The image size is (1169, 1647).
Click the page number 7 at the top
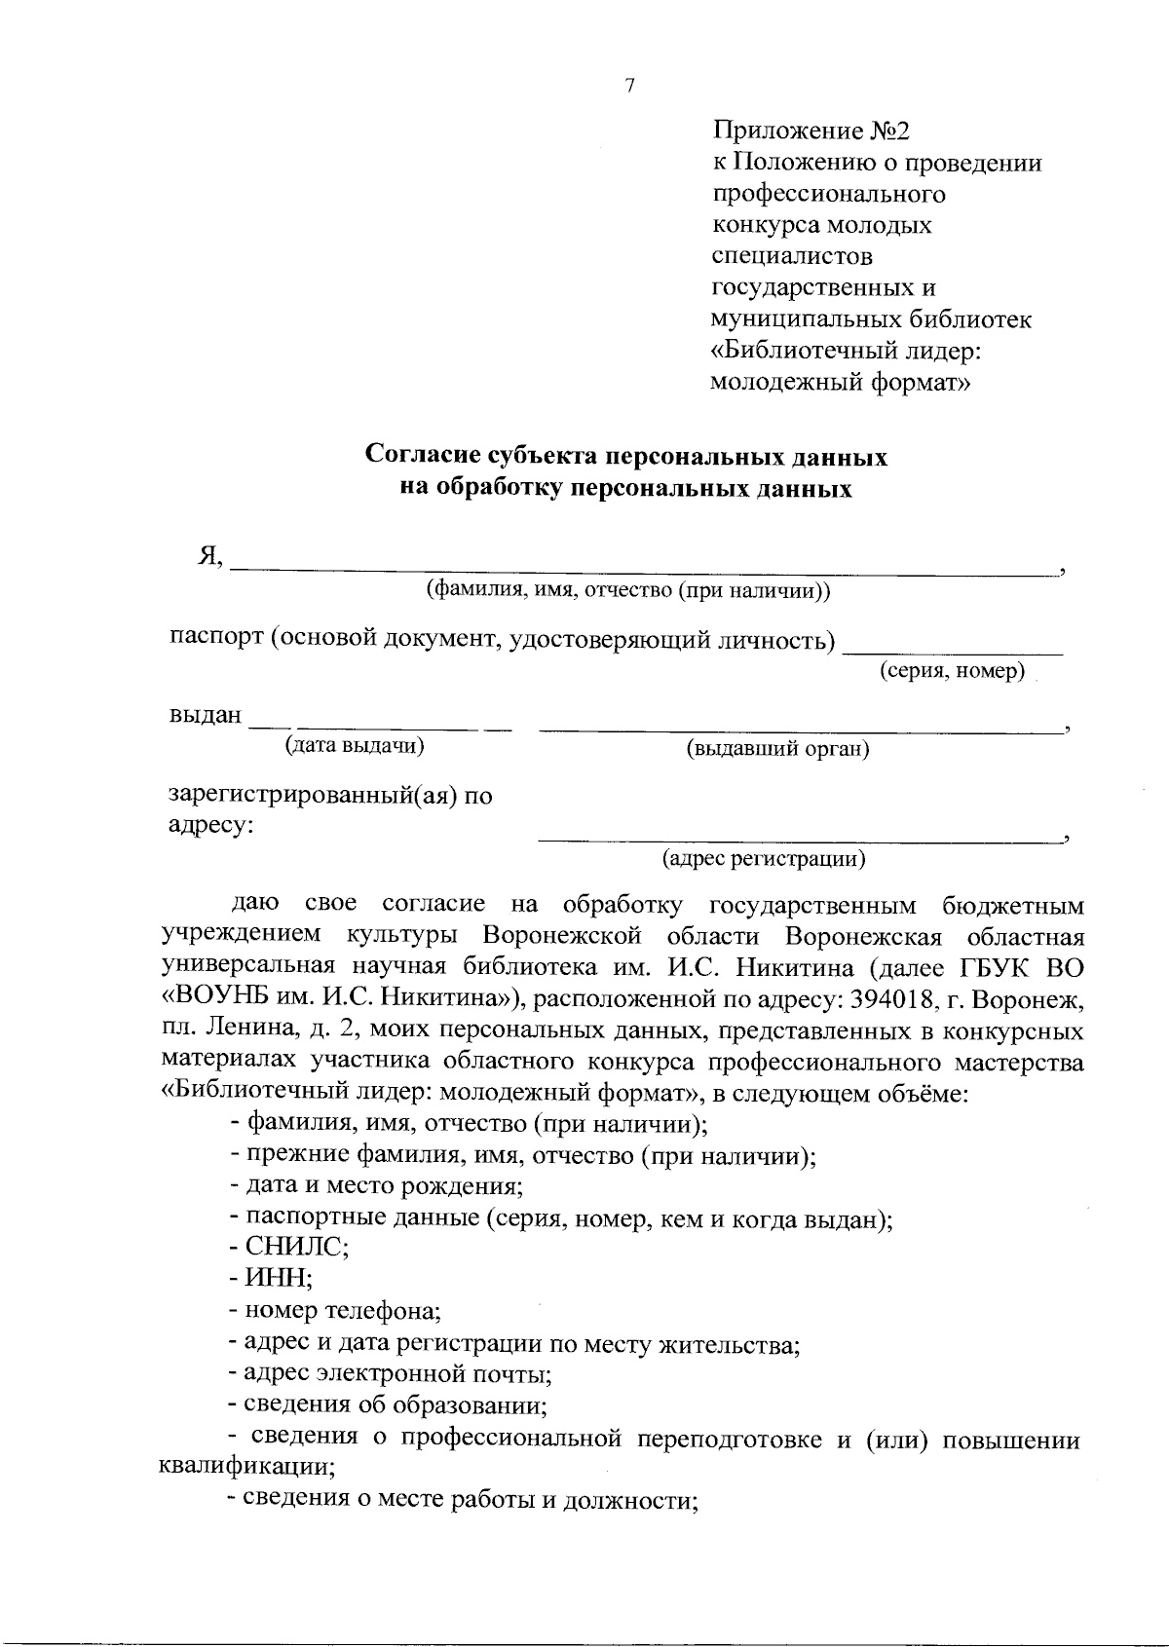629,86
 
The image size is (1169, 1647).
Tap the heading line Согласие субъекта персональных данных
626,456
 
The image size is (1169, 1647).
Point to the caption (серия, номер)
953,671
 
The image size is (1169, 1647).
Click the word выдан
206,715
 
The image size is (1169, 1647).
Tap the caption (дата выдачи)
355,746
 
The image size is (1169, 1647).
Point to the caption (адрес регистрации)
764,859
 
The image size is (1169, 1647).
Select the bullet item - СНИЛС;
289,1248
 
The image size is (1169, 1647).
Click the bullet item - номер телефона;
335,1311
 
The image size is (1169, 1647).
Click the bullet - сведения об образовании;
386,1405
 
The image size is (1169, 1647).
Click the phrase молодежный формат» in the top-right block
842,382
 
